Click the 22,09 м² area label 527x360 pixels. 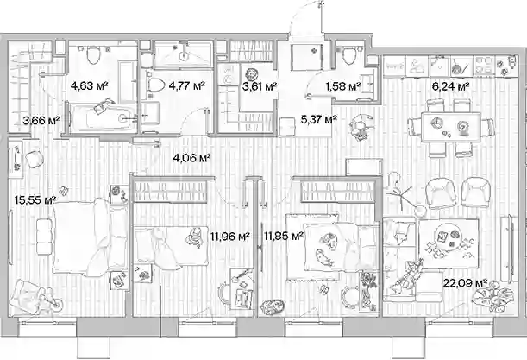pos(466,283)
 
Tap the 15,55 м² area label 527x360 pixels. pos(35,200)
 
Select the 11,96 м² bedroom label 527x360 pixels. pos(230,237)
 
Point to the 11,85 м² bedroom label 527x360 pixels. pos(284,237)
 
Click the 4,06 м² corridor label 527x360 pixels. pos(191,158)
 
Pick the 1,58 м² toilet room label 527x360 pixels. pos(343,86)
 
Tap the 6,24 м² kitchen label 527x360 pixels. pos(450,87)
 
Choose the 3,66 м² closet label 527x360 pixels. pos(41,120)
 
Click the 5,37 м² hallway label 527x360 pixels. pos(319,119)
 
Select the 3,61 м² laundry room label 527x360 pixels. pos(260,86)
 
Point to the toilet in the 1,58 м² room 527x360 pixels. pos(350,55)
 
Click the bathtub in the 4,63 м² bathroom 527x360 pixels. pos(104,118)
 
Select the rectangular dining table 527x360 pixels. pos(451,127)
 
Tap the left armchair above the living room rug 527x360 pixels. pos(440,193)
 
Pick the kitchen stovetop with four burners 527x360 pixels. pos(483,65)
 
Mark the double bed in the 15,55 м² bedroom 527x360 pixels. pos(90,237)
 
